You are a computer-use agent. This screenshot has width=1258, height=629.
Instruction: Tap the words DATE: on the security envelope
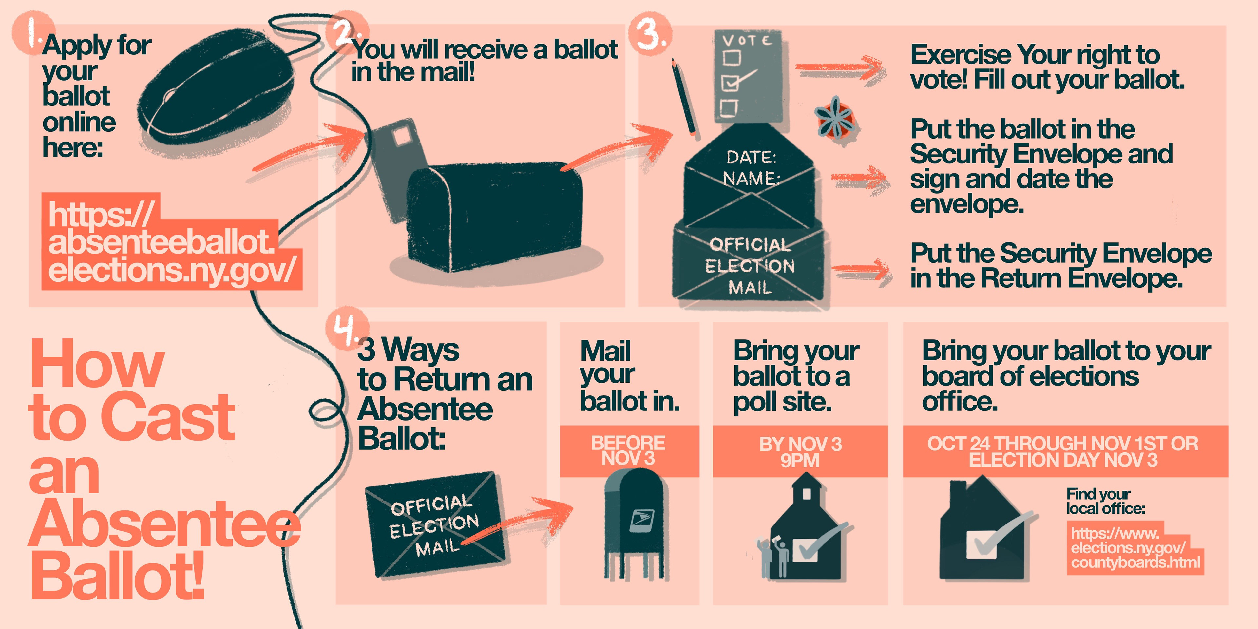[751, 157]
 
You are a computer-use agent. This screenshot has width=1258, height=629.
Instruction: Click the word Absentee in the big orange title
[163, 525]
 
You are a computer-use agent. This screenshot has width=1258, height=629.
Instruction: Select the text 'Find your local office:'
[1105, 502]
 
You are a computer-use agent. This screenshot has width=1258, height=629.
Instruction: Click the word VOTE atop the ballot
[747, 40]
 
